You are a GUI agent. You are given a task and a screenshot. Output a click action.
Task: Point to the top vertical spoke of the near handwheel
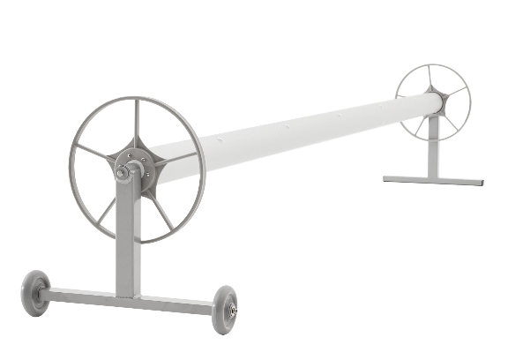[x=136, y=124]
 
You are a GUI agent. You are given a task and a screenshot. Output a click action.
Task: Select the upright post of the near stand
[x=128, y=238]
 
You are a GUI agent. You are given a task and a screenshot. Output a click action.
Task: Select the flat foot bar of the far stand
[x=433, y=181]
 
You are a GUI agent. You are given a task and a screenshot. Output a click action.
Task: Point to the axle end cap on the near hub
[x=121, y=173]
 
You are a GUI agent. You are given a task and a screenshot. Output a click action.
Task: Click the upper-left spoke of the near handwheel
[x=93, y=153]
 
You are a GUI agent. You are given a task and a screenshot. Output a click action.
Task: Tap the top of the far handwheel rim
[x=433, y=64]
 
